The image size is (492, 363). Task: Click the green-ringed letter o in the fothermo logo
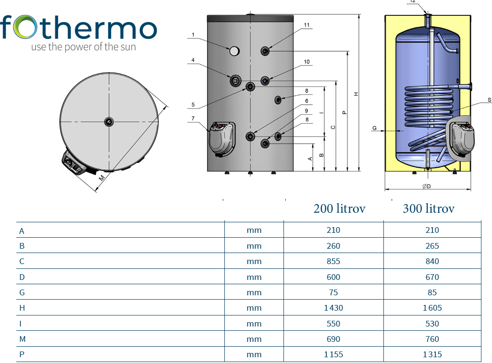point(25,27)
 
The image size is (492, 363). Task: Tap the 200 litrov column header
point(339,208)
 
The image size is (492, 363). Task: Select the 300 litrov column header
point(429,208)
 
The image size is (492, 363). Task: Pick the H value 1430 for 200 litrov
point(333,308)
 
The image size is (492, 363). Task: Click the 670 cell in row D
point(432,277)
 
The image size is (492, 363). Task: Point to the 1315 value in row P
point(432,354)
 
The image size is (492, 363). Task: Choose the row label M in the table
point(22,339)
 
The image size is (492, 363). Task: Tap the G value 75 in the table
point(333,292)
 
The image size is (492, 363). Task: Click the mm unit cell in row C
point(254,261)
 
